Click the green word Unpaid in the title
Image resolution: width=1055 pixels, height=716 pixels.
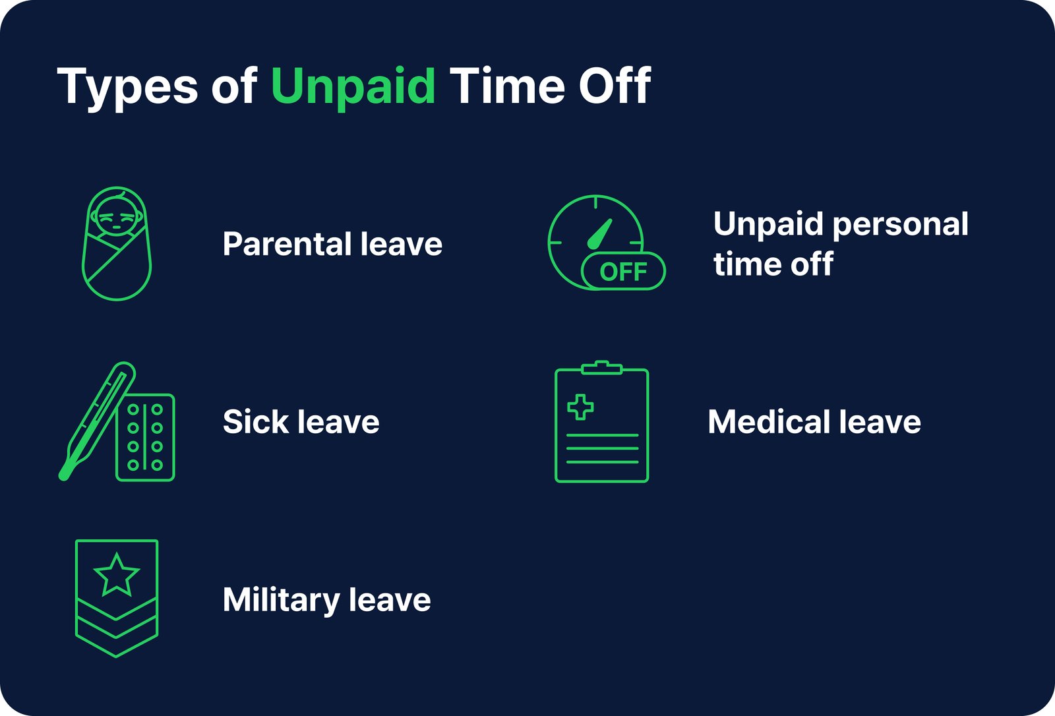click(353, 87)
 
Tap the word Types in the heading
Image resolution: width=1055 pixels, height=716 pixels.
click(127, 87)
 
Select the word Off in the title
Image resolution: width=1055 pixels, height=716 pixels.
click(615, 86)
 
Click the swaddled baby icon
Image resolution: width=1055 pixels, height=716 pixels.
click(117, 243)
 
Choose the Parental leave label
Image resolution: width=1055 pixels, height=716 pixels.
click(332, 244)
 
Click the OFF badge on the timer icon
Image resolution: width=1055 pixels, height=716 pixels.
click(623, 271)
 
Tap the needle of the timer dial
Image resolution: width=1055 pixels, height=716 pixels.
click(600, 234)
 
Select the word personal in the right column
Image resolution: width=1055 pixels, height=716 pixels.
click(901, 224)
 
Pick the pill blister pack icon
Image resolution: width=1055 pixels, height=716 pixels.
click(145, 437)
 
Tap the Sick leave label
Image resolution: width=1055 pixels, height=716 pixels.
click(301, 422)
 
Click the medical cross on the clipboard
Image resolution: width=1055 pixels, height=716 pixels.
click(580, 407)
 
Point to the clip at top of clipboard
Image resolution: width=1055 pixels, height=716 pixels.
click(601, 367)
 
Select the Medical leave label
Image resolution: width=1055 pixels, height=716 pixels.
click(814, 422)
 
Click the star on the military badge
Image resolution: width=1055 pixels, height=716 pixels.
click(117, 575)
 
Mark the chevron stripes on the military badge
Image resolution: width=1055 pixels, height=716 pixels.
click(117, 626)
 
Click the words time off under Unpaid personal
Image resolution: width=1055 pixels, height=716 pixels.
click(773, 264)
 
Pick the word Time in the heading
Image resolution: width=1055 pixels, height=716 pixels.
click(507, 86)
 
